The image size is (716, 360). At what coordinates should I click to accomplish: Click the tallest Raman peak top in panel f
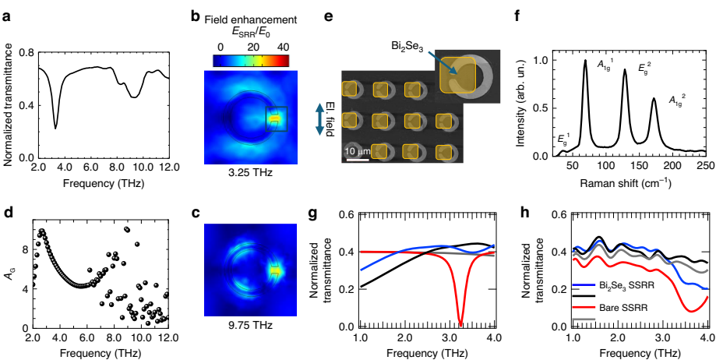pos(585,62)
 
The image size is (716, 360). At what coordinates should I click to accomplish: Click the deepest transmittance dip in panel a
pos(55,127)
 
